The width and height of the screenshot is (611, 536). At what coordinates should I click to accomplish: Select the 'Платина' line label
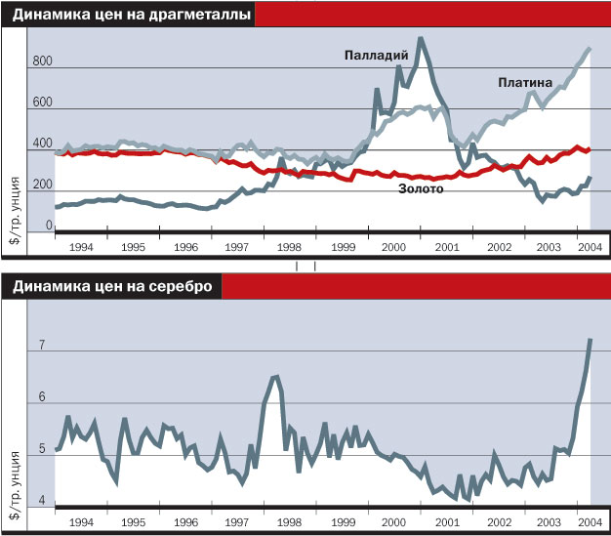pyautogui.click(x=525, y=83)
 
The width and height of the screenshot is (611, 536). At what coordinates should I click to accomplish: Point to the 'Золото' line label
pyautogui.click(x=422, y=188)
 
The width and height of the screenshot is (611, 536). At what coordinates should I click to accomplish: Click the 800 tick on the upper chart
pyautogui.click(x=41, y=62)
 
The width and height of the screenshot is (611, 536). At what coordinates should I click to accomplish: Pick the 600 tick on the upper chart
pyautogui.click(x=41, y=103)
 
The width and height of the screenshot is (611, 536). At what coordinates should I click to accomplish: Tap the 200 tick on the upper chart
pyautogui.click(x=41, y=186)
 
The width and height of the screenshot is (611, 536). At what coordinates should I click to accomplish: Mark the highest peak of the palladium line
pyautogui.click(x=420, y=39)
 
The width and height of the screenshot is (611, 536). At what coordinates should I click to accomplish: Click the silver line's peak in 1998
pyautogui.click(x=276, y=376)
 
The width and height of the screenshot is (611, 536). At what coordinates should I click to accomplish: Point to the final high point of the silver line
pyautogui.click(x=590, y=339)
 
